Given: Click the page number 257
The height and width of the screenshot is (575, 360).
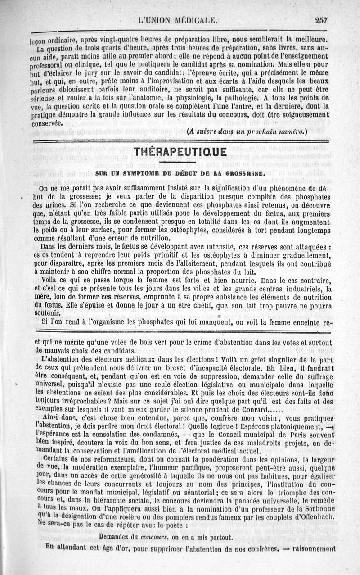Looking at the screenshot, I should pyautogui.click(x=322, y=20).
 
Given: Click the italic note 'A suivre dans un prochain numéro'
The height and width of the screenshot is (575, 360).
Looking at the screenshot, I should pyautogui.click(x=246, y=131).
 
